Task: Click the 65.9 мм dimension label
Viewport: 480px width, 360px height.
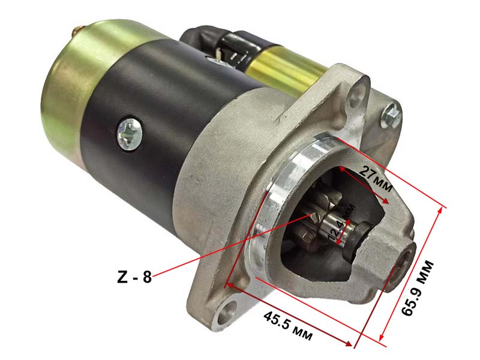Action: [418, 288]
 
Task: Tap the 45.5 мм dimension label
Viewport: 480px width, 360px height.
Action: [288, 326]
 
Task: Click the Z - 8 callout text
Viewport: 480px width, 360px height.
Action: [134, 278]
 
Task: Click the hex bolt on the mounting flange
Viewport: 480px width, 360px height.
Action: [391, 115]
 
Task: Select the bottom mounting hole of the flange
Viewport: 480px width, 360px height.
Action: [227, 313]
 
